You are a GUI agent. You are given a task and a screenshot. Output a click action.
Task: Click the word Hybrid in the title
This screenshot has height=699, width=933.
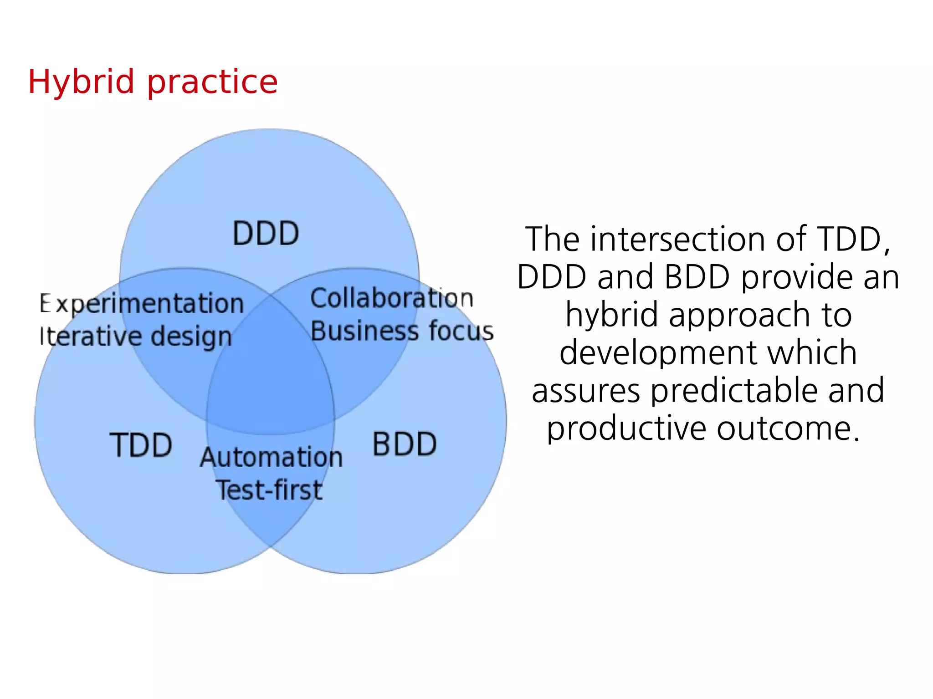(x=81, y=82)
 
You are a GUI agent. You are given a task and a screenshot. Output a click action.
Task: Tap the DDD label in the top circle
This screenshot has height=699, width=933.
(x=266, y=234)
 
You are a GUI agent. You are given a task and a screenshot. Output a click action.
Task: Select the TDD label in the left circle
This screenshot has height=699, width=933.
(x=141, y=445)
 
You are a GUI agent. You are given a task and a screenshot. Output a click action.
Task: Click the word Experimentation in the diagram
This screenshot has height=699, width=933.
(x=142, y=304)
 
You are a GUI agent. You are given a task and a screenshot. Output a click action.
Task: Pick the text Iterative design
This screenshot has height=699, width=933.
(x=136, y=337)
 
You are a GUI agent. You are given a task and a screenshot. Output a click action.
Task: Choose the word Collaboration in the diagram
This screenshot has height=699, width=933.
(x=392, y=299)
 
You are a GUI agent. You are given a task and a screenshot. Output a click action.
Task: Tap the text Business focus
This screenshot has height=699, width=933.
(x=402, y=331)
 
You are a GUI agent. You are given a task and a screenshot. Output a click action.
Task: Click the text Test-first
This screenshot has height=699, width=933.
(x=269, y=490)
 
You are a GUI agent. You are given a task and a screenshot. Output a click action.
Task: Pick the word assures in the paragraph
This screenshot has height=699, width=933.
(x=586, y=391)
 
